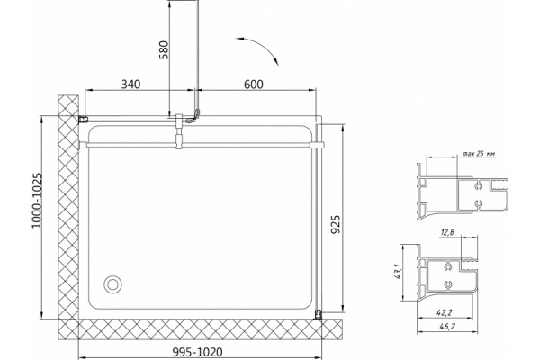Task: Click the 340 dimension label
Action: [130, 84]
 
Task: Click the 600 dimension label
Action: [254, 84]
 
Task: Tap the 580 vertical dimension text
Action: [165, 50]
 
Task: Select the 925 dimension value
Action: [335, 224]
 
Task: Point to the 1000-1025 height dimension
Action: [37, 201]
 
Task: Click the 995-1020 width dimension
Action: [197, 352]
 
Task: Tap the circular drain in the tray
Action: [112, 284]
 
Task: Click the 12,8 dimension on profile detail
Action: [447, 232]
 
